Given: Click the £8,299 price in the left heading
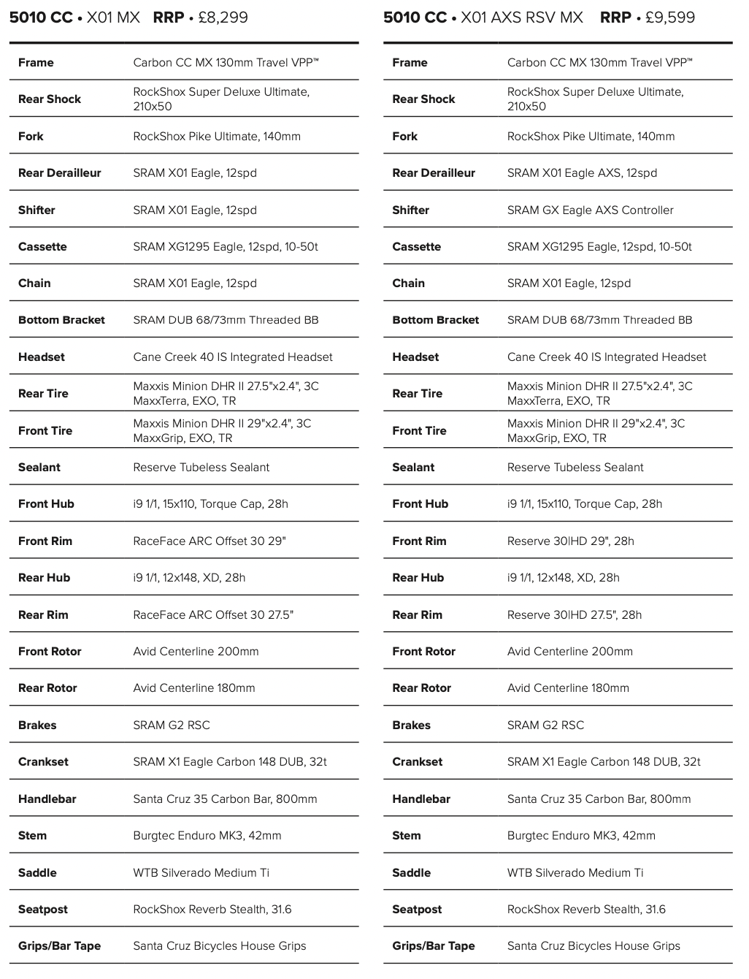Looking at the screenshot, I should (x=223, y=18).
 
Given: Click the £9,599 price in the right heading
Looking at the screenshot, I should (x=670, y=18).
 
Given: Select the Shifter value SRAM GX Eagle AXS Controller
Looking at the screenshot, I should (x=590, y=210).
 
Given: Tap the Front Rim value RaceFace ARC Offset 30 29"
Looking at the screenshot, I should (x=210, y=541).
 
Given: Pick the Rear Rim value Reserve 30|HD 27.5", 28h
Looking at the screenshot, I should (x=575, y=614).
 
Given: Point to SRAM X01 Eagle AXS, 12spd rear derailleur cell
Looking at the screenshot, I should (x=582, y=173).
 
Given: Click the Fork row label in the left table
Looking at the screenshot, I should (x=31, y=136).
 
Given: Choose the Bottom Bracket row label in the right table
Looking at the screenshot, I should (x=435, y=320).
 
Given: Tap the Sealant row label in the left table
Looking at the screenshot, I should (x=39, y=467).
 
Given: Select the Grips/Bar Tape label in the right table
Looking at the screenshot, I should (x=433, y=945).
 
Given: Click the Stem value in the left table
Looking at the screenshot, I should (x=207, y=835).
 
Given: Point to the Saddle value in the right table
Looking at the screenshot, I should (x=575, y=872).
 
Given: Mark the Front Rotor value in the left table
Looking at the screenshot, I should (x=196, y=651).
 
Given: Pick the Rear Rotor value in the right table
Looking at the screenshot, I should (x=568, y=687).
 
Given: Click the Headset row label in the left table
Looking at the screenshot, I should (x=42, y=357).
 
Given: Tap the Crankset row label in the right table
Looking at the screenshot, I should (x=417, y=761).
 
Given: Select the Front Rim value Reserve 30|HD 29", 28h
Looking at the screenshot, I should (x=570, y=541).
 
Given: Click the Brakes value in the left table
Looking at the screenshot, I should (x=172, y=725).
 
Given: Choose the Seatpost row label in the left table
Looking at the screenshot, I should (x=43, y=909).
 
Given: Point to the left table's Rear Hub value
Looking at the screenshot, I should (x=189, y=577).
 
